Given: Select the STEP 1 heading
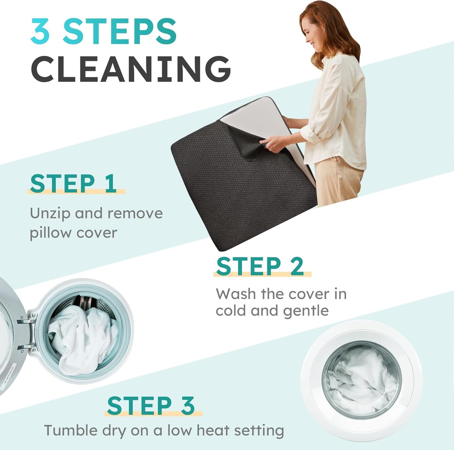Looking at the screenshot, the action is click(73, 184).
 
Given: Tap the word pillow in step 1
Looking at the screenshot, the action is click(50, 233).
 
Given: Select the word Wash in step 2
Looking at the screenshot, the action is click(236, 294).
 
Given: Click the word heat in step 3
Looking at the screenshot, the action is click(213, 431).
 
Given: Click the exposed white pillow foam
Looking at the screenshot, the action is click(257, 120).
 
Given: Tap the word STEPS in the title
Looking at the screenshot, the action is click(120, 31).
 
